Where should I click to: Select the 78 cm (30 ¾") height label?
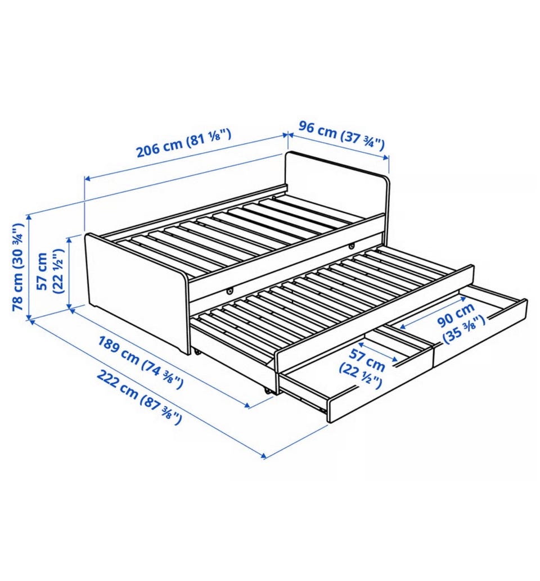point(18,267)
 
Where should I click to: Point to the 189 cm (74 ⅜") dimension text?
point(141,362)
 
